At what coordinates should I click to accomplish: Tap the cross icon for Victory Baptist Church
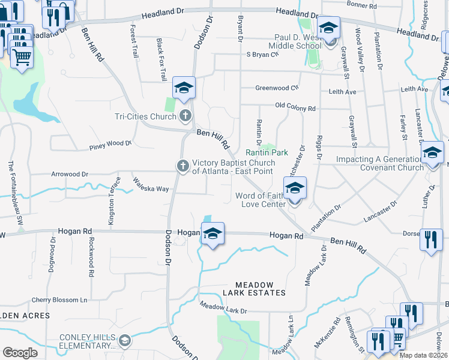click(x=182, y=166)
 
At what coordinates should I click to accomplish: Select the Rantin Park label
click(x=267, y=152)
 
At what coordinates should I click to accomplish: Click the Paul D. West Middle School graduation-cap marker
click(x=328, y=28)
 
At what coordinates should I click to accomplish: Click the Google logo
click(x=20, y=353)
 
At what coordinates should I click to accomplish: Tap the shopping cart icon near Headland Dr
click(x=22, y=58)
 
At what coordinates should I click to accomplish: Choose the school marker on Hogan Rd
click(x=212, y=233)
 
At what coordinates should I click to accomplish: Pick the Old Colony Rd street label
click(x=295, y=108)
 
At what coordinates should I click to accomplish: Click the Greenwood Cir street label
click(x=277, y=88)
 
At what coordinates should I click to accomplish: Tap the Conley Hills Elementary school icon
click(x=124, y=341)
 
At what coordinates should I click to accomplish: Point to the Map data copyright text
click(x=422, y=355)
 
